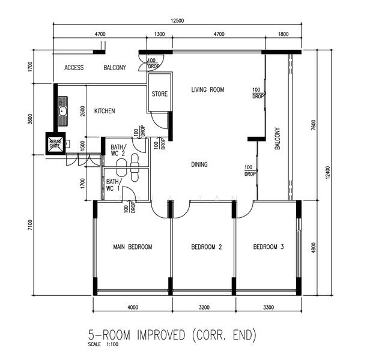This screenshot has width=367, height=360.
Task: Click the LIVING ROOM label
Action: (207, 90)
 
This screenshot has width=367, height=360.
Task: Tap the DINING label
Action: (199, 164)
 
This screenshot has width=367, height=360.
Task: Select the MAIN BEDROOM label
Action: (132, 247)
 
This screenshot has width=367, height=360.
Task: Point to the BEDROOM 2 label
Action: (207, 247)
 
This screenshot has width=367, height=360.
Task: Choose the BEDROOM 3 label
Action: (268, 247)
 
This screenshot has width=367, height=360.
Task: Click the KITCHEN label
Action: (105, 111)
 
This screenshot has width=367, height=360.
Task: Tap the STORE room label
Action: (159, 94)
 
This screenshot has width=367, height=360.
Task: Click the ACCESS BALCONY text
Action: (95, 68)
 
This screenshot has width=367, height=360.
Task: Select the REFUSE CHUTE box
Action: (55, 143)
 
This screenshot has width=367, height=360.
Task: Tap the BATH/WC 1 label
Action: (114, 185)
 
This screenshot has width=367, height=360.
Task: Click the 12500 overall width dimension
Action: (177, 21)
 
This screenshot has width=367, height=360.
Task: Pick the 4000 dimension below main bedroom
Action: (133, 307)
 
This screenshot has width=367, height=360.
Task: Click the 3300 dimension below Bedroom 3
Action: (268, 307)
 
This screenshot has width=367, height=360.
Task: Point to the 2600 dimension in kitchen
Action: (82, 111)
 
